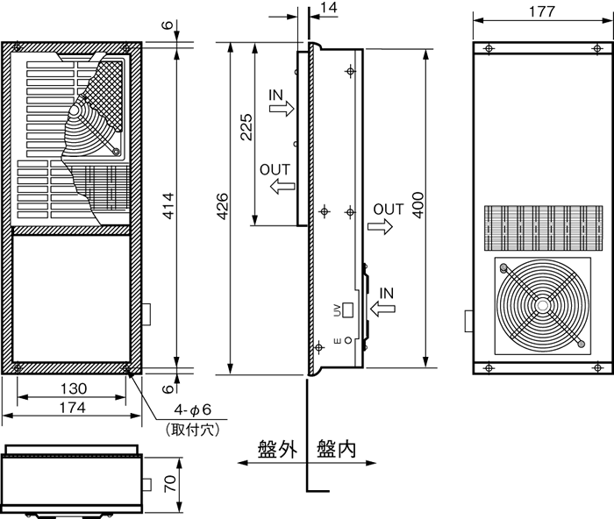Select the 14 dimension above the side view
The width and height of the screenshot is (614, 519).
click(x=329, y=8)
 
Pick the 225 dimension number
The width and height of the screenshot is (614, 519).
click(x=246, y=127)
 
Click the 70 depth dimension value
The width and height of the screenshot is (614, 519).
click(x=169, y=484)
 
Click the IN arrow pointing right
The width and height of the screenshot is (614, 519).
click(x=282, y=107)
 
